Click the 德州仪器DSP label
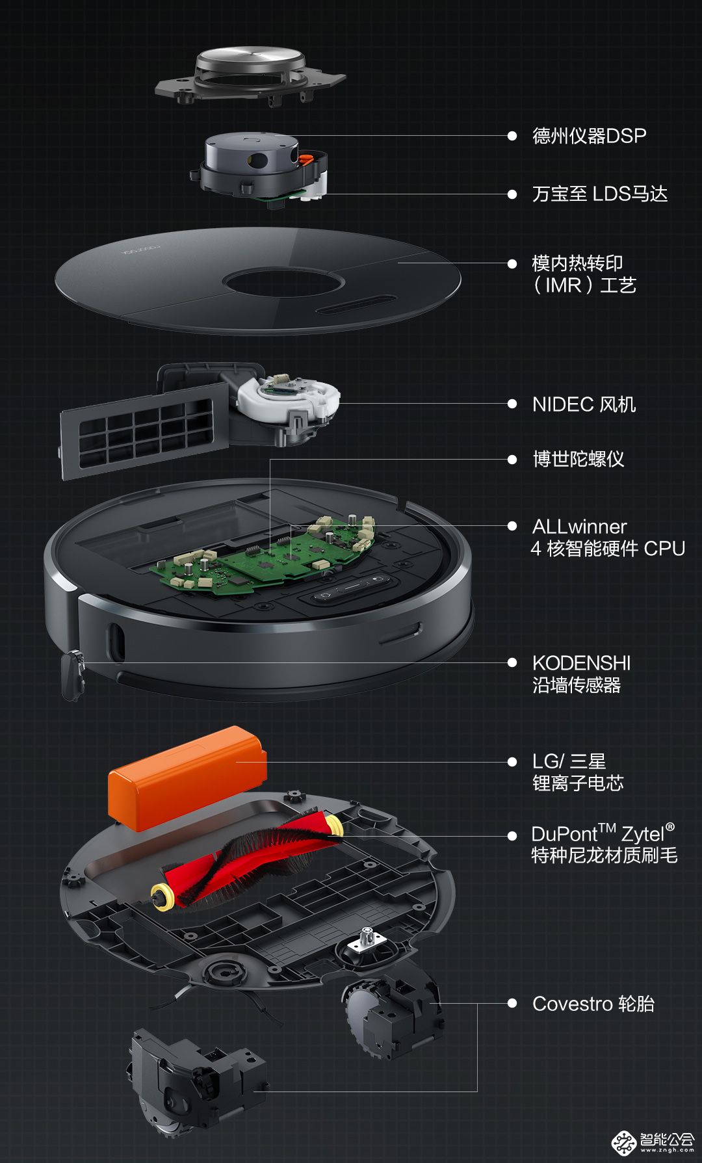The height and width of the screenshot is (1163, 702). pos(589,136)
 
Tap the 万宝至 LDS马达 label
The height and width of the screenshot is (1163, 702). pos(599,194)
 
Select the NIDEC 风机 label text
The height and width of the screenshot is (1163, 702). pos(584,404)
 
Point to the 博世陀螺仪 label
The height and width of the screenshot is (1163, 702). pos(578,459)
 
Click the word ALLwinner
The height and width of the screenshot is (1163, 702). pos(579,527)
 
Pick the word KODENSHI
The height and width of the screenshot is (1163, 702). pos(581,663)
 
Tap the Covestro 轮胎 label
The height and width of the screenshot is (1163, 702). pos(593,1004)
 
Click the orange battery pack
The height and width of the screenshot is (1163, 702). pos(188,778)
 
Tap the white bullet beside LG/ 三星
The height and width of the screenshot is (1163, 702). pos(512,762)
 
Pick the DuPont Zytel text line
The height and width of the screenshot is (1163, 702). pos(603,833)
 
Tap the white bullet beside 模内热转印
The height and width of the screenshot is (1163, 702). pos(512,263)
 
